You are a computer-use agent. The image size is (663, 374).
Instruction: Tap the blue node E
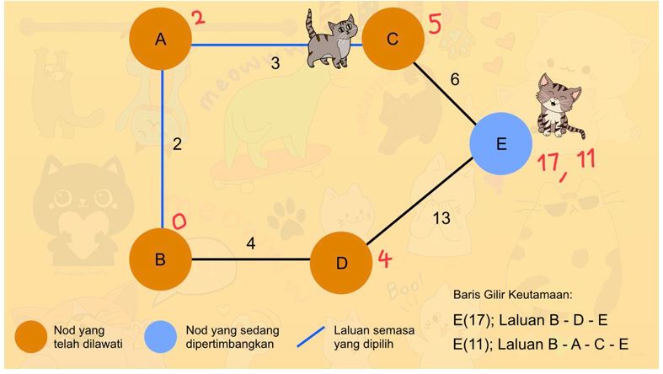[501, 144]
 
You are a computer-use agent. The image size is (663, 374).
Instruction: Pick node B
[161, 259]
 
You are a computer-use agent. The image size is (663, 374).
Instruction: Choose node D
[341, 263]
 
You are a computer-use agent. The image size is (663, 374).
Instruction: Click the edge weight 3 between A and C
[275, 62]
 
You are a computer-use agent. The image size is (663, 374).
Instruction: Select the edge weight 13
[441, 218]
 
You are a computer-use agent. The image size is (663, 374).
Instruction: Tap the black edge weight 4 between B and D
[251, 244]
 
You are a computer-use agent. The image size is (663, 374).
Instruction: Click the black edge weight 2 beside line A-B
[177, 144]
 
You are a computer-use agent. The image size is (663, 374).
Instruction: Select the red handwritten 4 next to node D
[384, 259]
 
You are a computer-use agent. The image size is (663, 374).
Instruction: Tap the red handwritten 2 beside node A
[198, 18]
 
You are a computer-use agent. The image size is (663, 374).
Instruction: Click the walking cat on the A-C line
[330, 40]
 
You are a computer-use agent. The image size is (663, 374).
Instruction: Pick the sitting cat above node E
[559, 104]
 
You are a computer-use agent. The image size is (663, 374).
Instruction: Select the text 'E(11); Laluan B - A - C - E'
[540, 344]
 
